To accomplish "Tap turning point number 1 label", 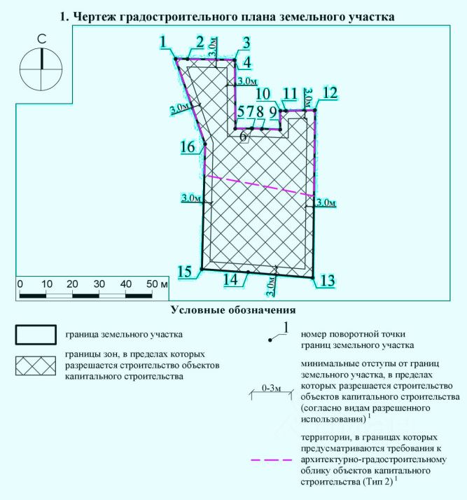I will coord(164,43).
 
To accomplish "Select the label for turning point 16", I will coord(187,148).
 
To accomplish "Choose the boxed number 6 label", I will coord(244,137).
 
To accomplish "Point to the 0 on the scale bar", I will coord(20,284).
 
